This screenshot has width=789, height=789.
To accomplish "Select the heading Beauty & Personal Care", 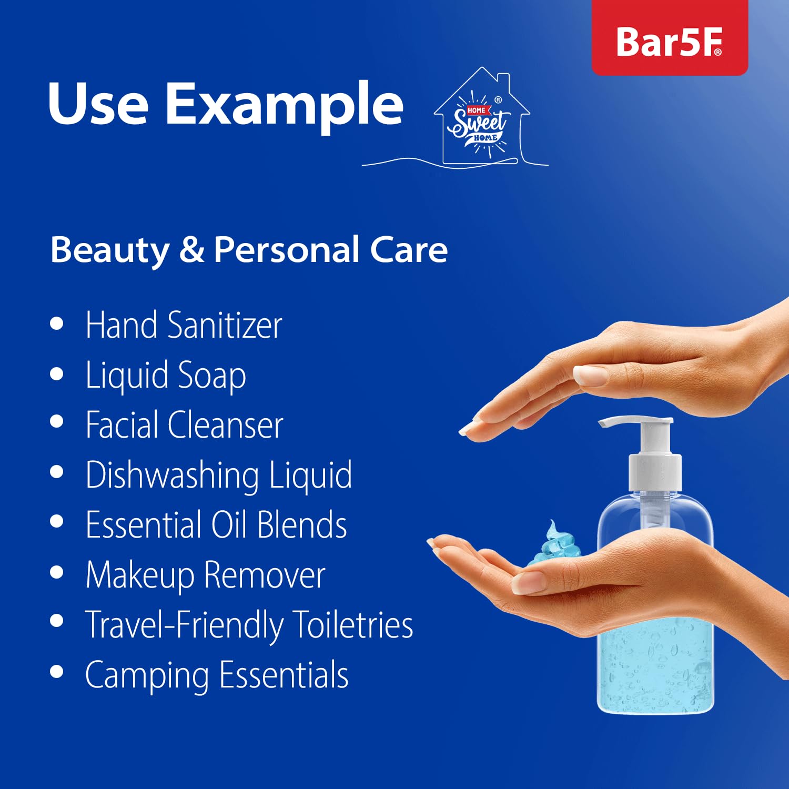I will tap(249, 249).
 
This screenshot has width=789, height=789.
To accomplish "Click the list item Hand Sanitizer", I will tap(184, 325).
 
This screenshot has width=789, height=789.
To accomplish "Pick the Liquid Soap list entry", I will tap(166, 375).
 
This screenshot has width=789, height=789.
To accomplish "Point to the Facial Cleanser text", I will tap(184, 425).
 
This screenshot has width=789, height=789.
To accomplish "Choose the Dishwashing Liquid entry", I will tap(218, 475).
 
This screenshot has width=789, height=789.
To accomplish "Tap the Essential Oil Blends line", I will tap(216, 525).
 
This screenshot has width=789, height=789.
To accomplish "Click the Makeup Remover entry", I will tap(205, 575).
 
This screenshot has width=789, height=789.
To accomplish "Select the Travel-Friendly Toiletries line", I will tap(249, 625).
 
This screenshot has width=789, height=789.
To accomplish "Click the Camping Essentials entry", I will tap(216, 675).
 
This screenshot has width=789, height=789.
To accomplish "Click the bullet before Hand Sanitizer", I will tap(57, 323).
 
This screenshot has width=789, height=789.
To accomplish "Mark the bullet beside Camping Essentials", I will tap(57, 672).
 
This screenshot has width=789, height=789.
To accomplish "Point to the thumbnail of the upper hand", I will tap(590, 376).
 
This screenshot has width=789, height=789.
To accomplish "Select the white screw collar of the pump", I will tap(655, 472).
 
